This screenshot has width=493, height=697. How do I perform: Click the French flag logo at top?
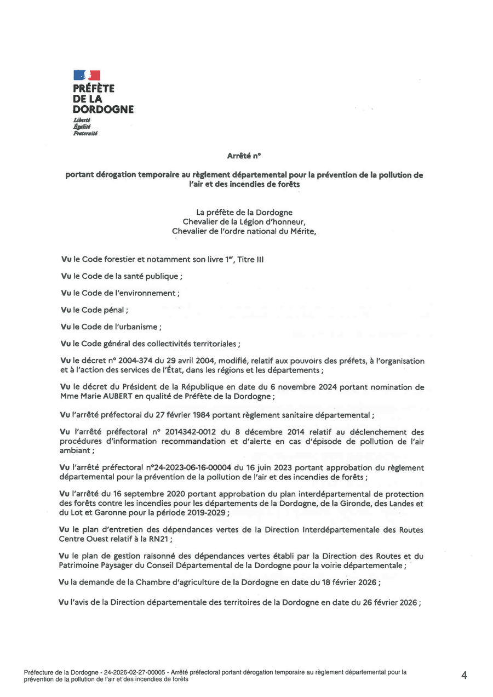pyautogui.click(x=87, y=75)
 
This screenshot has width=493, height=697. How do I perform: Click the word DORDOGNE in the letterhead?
pyautogui.click(x=104, y=109)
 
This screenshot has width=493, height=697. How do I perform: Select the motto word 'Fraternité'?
pyautogui.click(x=85, y=133)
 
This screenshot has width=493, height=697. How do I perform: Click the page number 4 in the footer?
pyautogui.click(x=464, y=676)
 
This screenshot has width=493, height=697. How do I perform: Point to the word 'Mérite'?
pyautogui.click(x=301, y=231)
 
